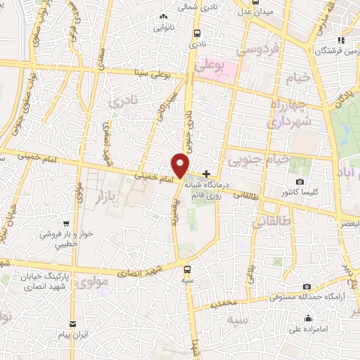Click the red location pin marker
pos(181,165)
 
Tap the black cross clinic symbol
pos(206,174)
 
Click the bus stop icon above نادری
pos(196,32)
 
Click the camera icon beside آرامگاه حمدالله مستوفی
pos(307,286)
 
